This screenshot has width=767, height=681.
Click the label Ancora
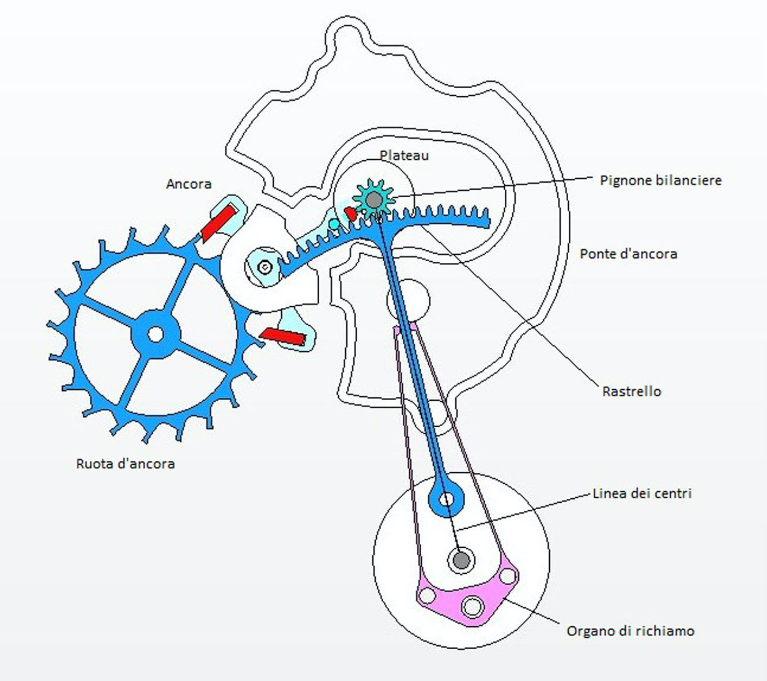(x=188, y=184)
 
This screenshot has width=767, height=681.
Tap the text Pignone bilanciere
(x=660, y=180)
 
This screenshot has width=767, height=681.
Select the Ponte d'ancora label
(x=628, y=254)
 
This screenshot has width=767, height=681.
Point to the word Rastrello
(x=632, y=391)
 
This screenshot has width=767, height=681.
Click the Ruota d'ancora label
(x=125, y=464)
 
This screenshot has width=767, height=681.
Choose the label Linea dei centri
(x=642, y=493)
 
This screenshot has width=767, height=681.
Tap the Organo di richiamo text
(x=630, y=631)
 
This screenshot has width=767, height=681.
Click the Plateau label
(x=404, y=155)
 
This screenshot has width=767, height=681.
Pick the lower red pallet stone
(x=282, y=336)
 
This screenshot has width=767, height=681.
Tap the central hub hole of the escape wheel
(x=155, y=334)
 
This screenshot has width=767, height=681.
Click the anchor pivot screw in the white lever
(x=265, y=267)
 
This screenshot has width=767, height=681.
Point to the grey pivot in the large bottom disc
(x=461, y=559)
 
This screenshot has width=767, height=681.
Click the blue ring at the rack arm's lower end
(x=446, y=499)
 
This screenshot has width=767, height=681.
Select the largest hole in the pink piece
(x=473, y=606)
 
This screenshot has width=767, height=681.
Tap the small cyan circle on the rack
(x=334, y=224)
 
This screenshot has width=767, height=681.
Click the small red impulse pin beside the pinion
(x=350, y=213)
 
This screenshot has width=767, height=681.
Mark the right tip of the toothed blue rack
(x=487, y=220)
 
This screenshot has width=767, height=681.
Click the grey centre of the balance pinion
(x=374, y=200)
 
